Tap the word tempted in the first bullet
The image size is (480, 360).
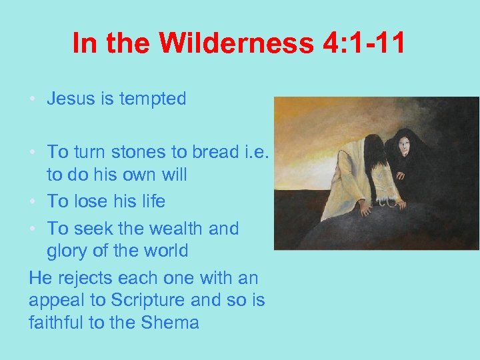(x=152, y=99)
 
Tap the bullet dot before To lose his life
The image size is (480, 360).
(x=33, y=201)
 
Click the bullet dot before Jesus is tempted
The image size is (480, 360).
(x=33, y=100)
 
